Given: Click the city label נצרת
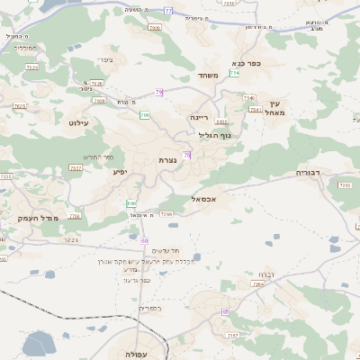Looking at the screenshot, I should point(167,159).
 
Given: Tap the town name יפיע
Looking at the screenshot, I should point(119,170).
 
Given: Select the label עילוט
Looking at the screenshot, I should point(77,121).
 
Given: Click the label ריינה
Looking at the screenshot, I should point(199,117).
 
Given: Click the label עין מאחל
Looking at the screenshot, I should point(274,108).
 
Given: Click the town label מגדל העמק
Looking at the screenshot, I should point(38,219).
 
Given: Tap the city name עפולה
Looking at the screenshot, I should point(137,355).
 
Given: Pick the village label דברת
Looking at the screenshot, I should point(265,273).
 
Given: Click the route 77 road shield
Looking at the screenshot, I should point(168,11).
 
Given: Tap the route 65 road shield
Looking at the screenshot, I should point(225,311).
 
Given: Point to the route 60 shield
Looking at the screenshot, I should point(144,240).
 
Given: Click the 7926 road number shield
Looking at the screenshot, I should point(97,83).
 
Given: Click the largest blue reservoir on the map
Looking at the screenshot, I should point(40,343).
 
